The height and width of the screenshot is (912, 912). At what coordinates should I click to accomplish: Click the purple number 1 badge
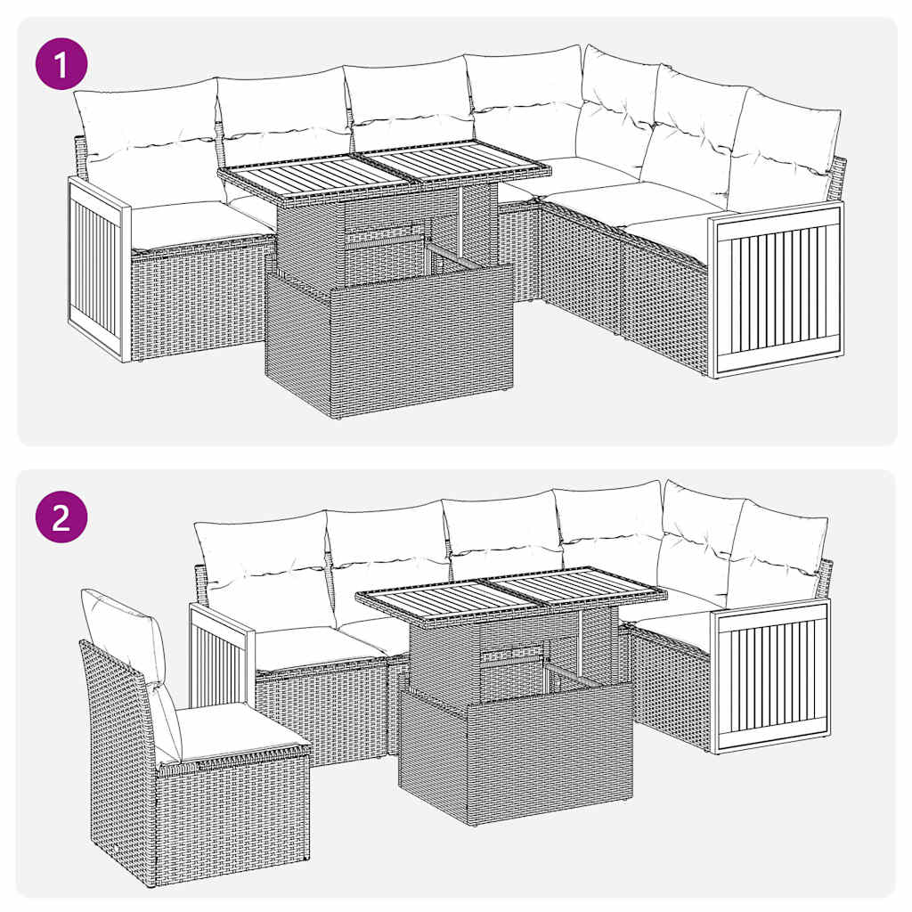coord(61,69)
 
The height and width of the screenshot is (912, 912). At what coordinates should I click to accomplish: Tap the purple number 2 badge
coord(61,517)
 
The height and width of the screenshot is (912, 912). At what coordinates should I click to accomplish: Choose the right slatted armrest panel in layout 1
coord(777,289)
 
